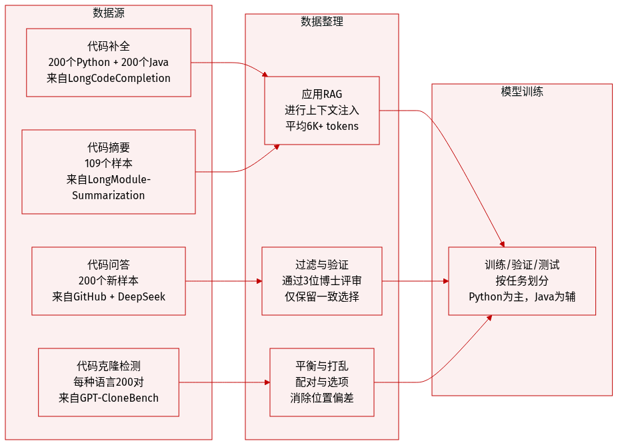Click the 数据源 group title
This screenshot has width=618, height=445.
pyautogui.click(x=109, y=13)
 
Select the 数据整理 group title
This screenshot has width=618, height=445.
pyautogui.click(x=322, y=21)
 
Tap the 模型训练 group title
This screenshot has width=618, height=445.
pyautogui.click(x=522, y=91)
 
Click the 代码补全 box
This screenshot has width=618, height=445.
pyautogui.click(x=109, y=62)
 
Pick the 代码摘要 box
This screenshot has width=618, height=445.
pyautogui.click(x=109, y=171)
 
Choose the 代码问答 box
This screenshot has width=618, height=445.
pyautogui.click(x=109, y=280)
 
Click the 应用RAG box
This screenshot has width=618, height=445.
pyautogui.click(x=322, y=110)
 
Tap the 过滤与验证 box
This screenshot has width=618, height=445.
pyautogui.click(x=322, y=280)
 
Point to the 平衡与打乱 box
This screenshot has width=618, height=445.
pyautogui.click(x=322, y=382)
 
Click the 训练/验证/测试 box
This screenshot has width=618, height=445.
pyautogui.click(x=522, y=280)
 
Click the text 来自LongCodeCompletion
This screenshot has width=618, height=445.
pyautogui.click(x=109, y=78)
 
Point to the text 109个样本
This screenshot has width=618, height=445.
pyautogui.click(x=109, y=163)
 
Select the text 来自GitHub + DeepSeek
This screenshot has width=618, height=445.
pyautogui.click(x=109, y=296)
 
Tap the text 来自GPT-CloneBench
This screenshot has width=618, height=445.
pyautogui.click(x=109, y=398)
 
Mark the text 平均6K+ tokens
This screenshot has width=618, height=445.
pyautogui.click(x=322, y=126)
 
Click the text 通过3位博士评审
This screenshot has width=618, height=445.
pyautogui.click(x=322, y=280)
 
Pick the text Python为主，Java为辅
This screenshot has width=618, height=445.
pyautogui.click(x=522, y=296)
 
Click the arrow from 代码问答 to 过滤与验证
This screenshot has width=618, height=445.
pyautogui.click(x=223, y=281)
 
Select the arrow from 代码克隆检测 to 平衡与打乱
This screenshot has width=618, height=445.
pyautogui.click(x=224, y=382)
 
